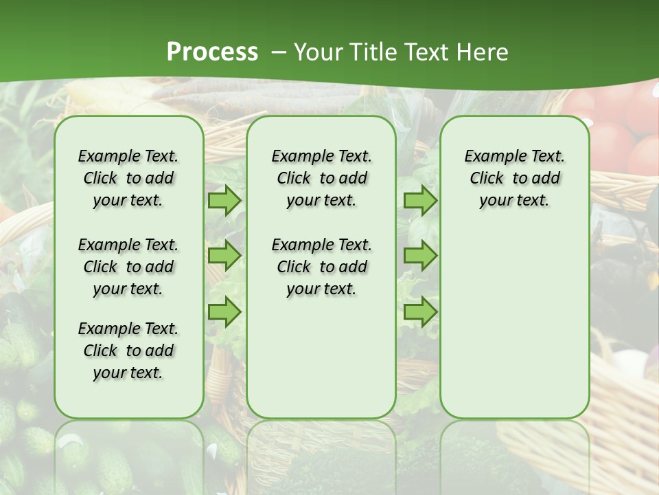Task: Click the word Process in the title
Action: pyautogui.click(x=212, y=52)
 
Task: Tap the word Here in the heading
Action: pyautogui.click(x=483, y=52)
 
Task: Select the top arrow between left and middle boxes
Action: pyautogui.click(x=224, y=200)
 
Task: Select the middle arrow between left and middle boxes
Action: pyautogui.click(x=224, y=256)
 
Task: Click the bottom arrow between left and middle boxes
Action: pyautogui.click(x=224, y=311)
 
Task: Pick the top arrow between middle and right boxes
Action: pyautogui.click(x=420, y=200)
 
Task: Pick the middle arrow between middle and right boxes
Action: pyautogui.click(x=420, y=256)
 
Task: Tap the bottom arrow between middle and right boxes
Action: pyautogui.click(x=420, y=311)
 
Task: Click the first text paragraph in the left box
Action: pyautogui.click(x=128, y=178)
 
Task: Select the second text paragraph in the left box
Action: pyautogui.click(x=128, y=267)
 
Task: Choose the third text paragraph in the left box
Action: pyautogui.click(x=128, y=351)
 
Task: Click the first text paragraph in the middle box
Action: pyautogui.click(x=321, y=178)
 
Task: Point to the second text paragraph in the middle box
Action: pyautogui.click(x=321, y=267)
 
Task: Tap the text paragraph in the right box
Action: pyautogui.click(x=514, y=178)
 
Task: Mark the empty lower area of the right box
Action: pyautogui.click(x=514, y=316)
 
